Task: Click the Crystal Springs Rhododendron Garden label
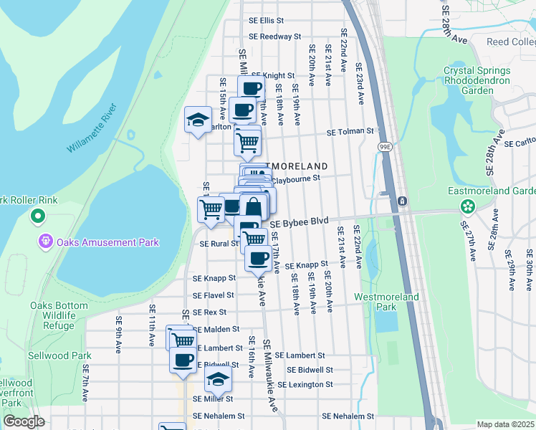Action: click(477, 81)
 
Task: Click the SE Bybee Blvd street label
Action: click(299, 223)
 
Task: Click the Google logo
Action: click(24, 421)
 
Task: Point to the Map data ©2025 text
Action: click(506, 424)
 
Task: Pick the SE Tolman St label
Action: click(350, 132)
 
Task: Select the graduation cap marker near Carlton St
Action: click(198, 120)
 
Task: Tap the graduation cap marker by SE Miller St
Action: click(219, 380)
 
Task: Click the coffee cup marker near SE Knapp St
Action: click(257, 258)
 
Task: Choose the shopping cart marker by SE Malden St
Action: click(182, 340)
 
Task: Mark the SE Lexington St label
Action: click(306, 385)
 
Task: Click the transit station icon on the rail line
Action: click(403, 201)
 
